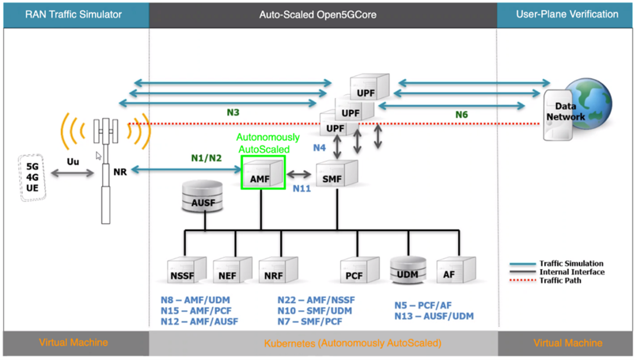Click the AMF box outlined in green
pos(263,173)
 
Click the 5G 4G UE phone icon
pos(33,177)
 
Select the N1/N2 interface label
pos(206,158)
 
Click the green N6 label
pos(462,114)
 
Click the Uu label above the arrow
pos(72,161)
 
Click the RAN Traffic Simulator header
pos(73,14)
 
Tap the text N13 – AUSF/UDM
pos(434,317)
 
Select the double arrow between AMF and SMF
pos(300,175)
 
